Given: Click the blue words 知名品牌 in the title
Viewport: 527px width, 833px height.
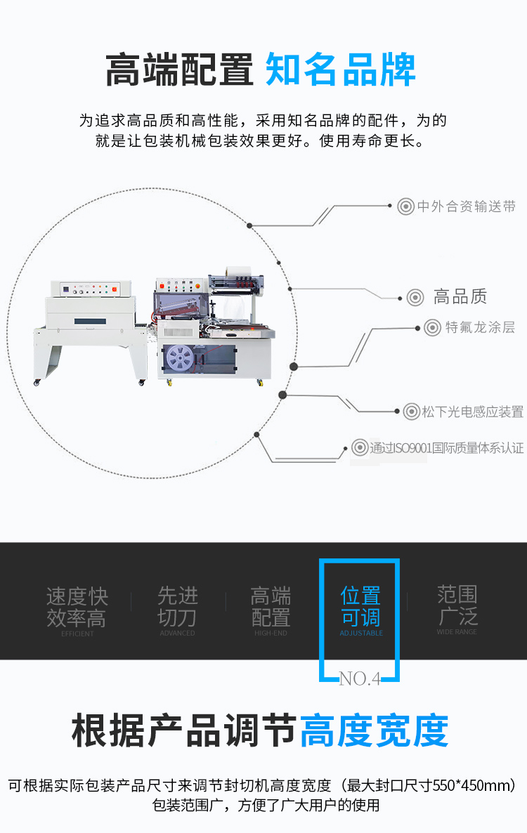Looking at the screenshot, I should coord(341,70).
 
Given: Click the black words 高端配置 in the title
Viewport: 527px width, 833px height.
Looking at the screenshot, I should coord(179,70).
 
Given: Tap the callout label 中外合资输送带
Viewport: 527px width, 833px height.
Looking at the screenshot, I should coord(467,206).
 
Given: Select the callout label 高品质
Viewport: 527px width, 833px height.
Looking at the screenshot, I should coord(460,297).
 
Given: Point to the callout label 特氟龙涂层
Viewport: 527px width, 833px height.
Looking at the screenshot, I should coord(480,328).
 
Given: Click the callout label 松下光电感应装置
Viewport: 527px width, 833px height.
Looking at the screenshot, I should coord(473,412).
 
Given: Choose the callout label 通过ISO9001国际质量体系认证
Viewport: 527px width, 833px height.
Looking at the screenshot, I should coord(447,447).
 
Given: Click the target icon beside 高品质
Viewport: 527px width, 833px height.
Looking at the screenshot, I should coord(415,297).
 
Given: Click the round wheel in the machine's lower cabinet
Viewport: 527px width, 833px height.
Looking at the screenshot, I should coord(180,358).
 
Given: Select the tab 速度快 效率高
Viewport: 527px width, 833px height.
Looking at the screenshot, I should coord(77,608).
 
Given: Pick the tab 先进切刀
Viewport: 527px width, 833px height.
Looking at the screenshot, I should coord(178,607).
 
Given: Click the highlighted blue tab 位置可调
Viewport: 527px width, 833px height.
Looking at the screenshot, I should coord(360,607).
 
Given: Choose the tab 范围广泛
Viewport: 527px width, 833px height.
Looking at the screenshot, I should coord(457,605).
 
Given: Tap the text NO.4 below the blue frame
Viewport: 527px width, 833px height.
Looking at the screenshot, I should coord(359,678).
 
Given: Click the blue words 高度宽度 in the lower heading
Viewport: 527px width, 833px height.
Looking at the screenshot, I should coord(374,731).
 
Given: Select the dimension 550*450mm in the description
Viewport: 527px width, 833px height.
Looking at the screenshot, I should coord(476,785).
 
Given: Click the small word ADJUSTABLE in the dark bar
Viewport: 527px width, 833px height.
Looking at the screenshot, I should coord(361,634).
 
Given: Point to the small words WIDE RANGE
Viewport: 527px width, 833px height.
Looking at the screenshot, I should coord(457,632).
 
